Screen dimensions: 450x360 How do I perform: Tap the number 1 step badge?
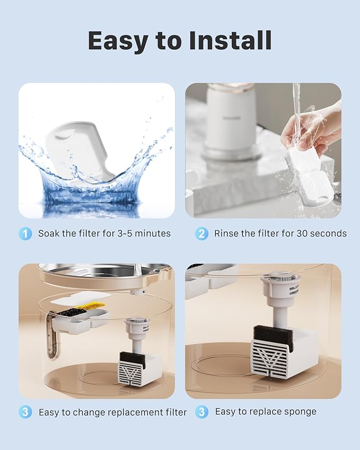point(25,233)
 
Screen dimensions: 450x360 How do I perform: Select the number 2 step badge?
point(201,233)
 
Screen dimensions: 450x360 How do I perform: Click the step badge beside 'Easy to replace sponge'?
point(201,412)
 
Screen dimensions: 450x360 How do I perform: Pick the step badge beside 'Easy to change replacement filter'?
point(25,412)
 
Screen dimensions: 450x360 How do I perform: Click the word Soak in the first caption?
point(49,233)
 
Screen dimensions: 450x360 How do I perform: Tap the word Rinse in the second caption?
point(226,233)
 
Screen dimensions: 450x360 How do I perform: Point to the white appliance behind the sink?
point(232,119)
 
